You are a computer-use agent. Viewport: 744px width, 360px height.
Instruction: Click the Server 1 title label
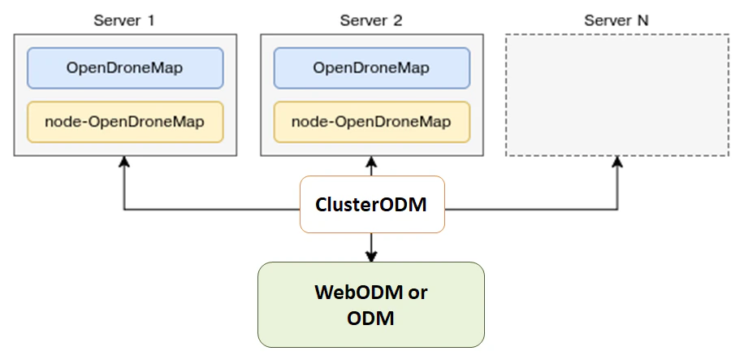(124, 20)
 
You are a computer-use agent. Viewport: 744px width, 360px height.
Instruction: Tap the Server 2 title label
(371, 20)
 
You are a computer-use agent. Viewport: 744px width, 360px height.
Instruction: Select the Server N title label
(616, 20)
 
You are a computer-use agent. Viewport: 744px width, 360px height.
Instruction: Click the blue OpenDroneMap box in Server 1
(124, 67)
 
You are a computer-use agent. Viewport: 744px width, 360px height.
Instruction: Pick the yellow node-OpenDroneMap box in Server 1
(124, 122)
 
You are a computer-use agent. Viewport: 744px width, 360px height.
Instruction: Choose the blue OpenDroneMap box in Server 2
(371, 67)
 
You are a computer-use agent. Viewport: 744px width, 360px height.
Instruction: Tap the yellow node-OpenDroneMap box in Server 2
(371, 122)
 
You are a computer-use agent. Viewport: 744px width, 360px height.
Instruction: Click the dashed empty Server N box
(616, 95)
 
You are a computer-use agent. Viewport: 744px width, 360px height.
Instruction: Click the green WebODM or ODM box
(371, 305)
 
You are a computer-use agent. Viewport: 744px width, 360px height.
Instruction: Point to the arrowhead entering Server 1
(123, 163)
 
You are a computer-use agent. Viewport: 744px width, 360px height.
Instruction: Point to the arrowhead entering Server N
(616, 163)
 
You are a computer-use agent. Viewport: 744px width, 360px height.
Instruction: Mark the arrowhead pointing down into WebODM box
(371, 257)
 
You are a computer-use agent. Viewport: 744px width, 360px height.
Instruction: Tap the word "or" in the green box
(417, 293)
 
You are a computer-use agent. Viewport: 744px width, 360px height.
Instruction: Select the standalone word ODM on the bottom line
(371, 318)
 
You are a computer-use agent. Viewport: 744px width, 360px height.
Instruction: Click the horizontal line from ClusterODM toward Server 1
(211, 210)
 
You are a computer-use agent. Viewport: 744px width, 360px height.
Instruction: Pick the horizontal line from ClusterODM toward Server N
(532, 210)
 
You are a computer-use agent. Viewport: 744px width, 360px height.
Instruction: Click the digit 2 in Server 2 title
(398, 20)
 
